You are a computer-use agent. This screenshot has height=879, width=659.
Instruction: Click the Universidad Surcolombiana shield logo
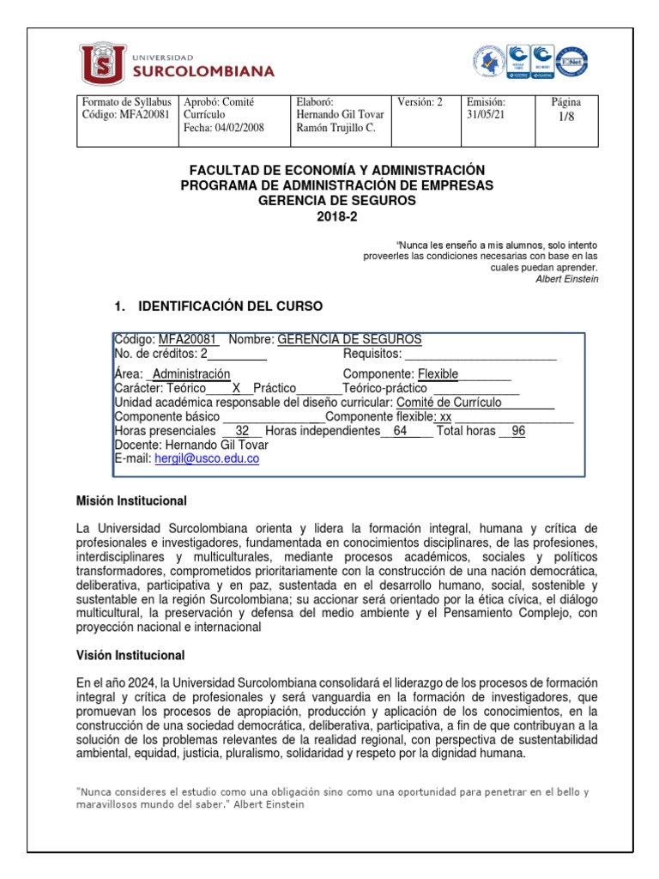click(x=100, y=62)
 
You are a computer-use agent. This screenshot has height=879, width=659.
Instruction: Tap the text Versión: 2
click(x=420, y=101)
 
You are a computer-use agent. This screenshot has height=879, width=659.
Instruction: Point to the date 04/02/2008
click(x=238, y=128)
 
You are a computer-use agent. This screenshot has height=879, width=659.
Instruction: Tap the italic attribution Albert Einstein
click(x=566, y=279)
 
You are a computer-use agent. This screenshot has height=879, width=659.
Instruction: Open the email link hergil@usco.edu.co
click(x=207, y=458)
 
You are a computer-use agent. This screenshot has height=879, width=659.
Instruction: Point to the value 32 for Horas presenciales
click(x=242, y=431)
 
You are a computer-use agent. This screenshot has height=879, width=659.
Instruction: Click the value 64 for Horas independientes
click(x=400, y=431)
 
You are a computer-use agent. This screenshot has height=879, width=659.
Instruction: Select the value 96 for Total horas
click(x=517, y=431)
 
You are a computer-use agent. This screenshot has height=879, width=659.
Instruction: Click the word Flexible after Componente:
click(x=438, y=374)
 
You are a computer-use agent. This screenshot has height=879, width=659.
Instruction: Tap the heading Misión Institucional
click(x=131, y=500)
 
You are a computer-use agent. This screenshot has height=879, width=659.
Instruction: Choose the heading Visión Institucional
click(x=130, y=655)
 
